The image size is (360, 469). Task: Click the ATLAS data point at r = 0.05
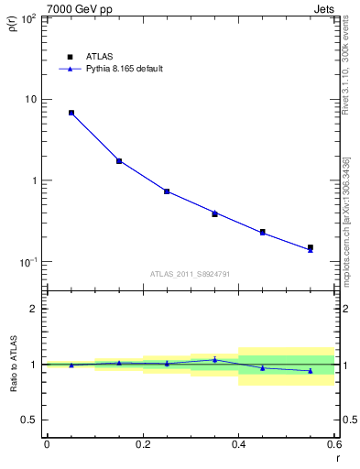(x=71, y=113)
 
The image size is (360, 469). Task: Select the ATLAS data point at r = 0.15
(x=119, y=161)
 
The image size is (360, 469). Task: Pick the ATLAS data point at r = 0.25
(x=167, y=191)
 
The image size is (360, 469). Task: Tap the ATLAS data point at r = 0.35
(x=214, y=214)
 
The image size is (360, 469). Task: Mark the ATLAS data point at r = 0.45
(x=263, y=232)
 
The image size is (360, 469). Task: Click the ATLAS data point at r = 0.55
(x=311, y=247)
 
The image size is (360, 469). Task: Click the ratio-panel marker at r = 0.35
(x=214, y=359)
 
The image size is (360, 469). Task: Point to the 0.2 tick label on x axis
(x=142, y=444)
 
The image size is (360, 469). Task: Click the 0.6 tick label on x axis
(x=333, y=444)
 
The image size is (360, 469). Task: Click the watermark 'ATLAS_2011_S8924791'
(x=190, y=273)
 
